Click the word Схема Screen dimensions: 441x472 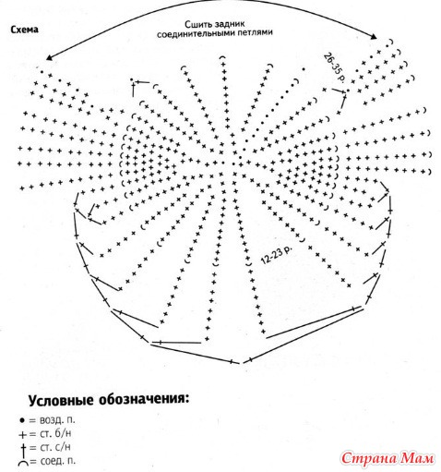click(25, 30)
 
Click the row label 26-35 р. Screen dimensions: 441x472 click(334, 67)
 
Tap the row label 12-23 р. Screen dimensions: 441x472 click(276, 255)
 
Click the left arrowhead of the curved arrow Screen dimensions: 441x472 click(49, 57)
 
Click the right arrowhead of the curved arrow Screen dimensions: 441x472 click(374, 37)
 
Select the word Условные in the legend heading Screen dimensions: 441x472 click(61, 401)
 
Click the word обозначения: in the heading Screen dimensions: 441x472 click(144, 400)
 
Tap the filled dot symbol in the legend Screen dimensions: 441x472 click(22, 420)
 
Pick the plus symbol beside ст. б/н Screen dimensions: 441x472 click(23, 435)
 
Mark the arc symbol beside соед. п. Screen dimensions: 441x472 click(24, 463)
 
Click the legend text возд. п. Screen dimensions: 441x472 click(57, 420)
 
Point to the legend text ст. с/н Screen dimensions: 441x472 click(55, 447)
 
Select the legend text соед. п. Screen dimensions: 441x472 click(58, 461)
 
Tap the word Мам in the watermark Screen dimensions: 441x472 click(418, 459)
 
